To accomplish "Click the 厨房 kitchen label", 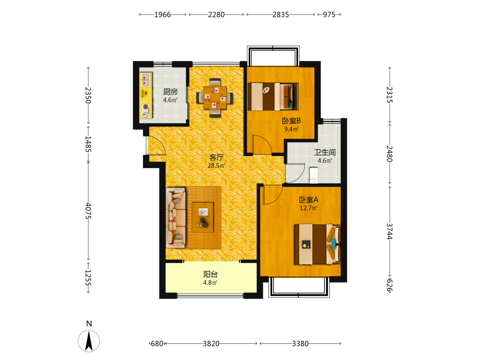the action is (x=170, y=92).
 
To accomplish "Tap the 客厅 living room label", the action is (x=216, y=157).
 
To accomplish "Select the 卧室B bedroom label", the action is (x=291, y=120).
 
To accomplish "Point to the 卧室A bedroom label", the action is (x=309, y=200).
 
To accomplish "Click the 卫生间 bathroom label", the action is (x=325, y=152).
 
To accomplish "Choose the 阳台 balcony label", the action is (x=211, y=274).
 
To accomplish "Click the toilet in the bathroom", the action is (x=314, y=175).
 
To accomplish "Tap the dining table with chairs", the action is (x=215, y=97).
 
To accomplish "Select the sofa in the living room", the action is (x=176, y=217).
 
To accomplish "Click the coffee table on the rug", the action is (x=203, y=217).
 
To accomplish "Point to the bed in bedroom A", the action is (x=317, y=244).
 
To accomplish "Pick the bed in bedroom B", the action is (x=273, y=96).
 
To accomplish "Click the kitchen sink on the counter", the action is (x=146, y=80).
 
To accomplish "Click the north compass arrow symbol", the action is (x=89, y=341).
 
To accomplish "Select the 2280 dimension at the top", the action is (x=216, y=14).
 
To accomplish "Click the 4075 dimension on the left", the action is (x=88, y=211).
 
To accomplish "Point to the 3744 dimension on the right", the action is (x=389, y=231).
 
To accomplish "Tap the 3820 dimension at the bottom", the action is (x=211, y=344).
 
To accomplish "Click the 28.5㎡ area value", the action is (x=216, y=166).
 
